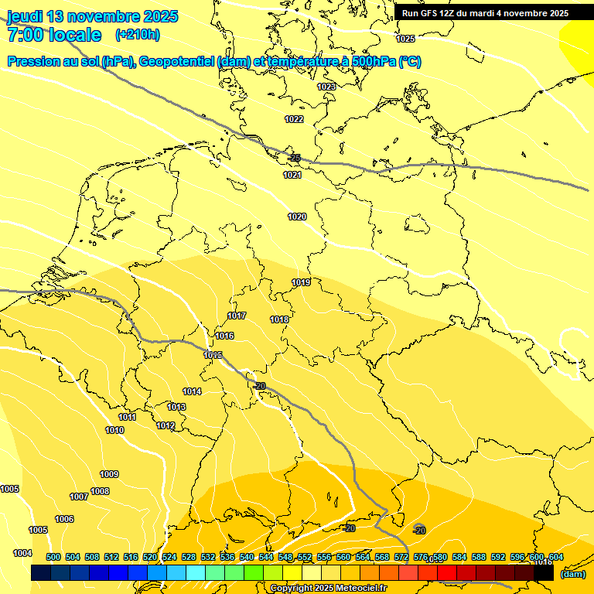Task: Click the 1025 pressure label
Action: coord(405,39)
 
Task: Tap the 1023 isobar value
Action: coord(326,87)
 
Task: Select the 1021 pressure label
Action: coord(292,176)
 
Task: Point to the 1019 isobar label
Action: coord(301,282)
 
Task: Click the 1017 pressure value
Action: coord(237,316)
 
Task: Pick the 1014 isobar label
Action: coord(192,391)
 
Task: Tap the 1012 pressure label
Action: coord(166,425)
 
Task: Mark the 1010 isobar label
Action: coord(114,430)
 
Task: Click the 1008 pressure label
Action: coord(100,491)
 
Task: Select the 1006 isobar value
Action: coord(64,519)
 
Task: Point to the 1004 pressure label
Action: coord(22,553)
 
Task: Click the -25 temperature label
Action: coord(294,158)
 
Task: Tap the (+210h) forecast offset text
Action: coord(138,35)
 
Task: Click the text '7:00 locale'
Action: coord(54,35)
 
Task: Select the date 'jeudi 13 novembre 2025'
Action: coord(92,16)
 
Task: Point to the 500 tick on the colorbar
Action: coord(53,557)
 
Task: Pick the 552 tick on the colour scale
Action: coord(305,557)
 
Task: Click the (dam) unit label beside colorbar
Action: coord(572,573)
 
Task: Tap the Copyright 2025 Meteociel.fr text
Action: coord(329,588)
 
